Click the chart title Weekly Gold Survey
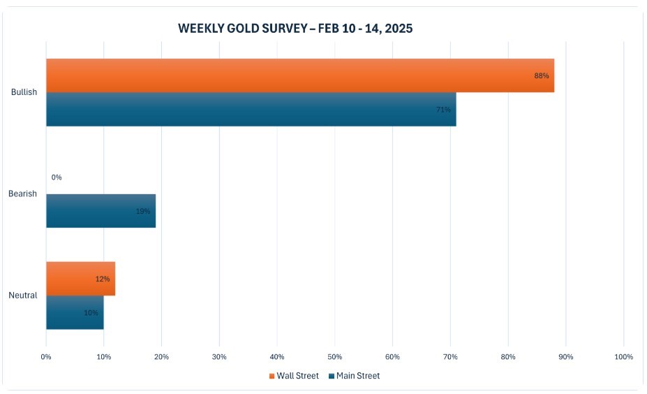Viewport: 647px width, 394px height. click(x=295, y=29)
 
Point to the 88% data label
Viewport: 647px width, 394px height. click(x=542, y=75)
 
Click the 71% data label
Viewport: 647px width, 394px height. click(x=443, y=110)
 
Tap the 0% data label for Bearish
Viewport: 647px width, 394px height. click(x=57, y=177)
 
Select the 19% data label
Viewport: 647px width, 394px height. click(x=143, y=211)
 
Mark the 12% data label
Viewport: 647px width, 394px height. click(x=103, y=279)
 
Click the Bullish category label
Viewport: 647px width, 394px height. click(x=24, y=92)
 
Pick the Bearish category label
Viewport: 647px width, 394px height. click(x=22, y=194)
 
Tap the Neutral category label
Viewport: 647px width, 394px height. click(x=22, y=295)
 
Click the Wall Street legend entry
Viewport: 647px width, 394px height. click(x=294, y=376)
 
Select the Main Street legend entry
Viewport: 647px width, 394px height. click(x=354, y=376)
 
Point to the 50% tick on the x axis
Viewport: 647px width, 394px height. click(x=334, y=357)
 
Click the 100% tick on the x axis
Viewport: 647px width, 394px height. click(x=623, y=357)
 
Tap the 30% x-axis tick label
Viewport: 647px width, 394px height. click(x=219, y=357)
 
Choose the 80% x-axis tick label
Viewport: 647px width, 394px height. click(x=507, y=357)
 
